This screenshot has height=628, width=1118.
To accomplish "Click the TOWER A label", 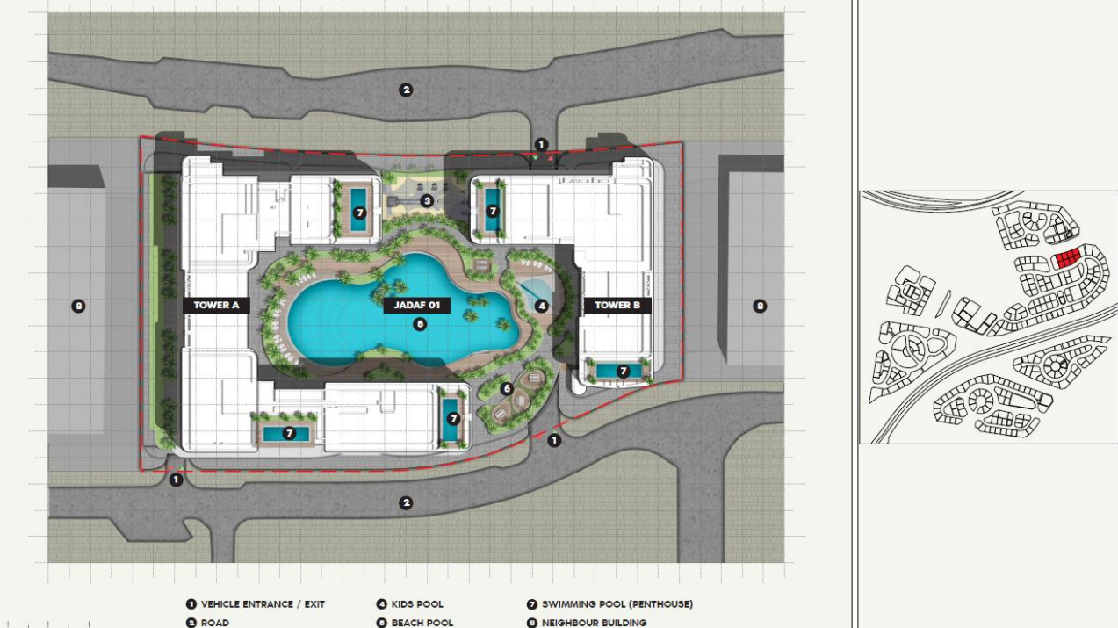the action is (216, 305).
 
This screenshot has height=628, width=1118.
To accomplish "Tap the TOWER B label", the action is (617, 305).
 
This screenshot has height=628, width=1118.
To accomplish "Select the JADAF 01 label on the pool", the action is (417, 305).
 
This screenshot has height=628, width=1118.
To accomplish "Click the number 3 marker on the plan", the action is (426, 200).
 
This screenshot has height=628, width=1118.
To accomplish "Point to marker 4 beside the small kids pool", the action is (541, 306).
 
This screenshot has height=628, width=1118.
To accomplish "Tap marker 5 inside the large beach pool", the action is (420, 324).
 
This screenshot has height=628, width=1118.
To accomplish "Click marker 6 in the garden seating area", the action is (507, 388).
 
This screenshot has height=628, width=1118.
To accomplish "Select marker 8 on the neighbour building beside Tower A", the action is (78, 306).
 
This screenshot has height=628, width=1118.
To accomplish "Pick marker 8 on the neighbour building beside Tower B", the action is (760, 306).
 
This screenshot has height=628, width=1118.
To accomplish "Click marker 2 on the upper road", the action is (406, 90).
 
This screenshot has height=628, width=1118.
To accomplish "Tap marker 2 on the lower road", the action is (406, 502).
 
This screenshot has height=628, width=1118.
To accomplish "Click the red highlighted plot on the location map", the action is (1067, 259).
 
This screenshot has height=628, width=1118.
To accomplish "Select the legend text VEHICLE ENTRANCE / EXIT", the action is (263, 604).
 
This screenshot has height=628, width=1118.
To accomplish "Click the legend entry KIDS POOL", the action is (417, 604).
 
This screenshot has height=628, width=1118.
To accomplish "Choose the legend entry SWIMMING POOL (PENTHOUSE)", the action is (617, 604).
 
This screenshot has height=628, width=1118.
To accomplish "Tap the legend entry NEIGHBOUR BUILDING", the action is (594, 623).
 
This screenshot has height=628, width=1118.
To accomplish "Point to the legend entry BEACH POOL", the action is (422, 623).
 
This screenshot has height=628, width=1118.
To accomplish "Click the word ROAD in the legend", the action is (215, 623).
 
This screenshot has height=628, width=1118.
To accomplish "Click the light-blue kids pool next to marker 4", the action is (535, 289).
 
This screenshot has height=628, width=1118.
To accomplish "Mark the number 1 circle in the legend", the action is (191, 604).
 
